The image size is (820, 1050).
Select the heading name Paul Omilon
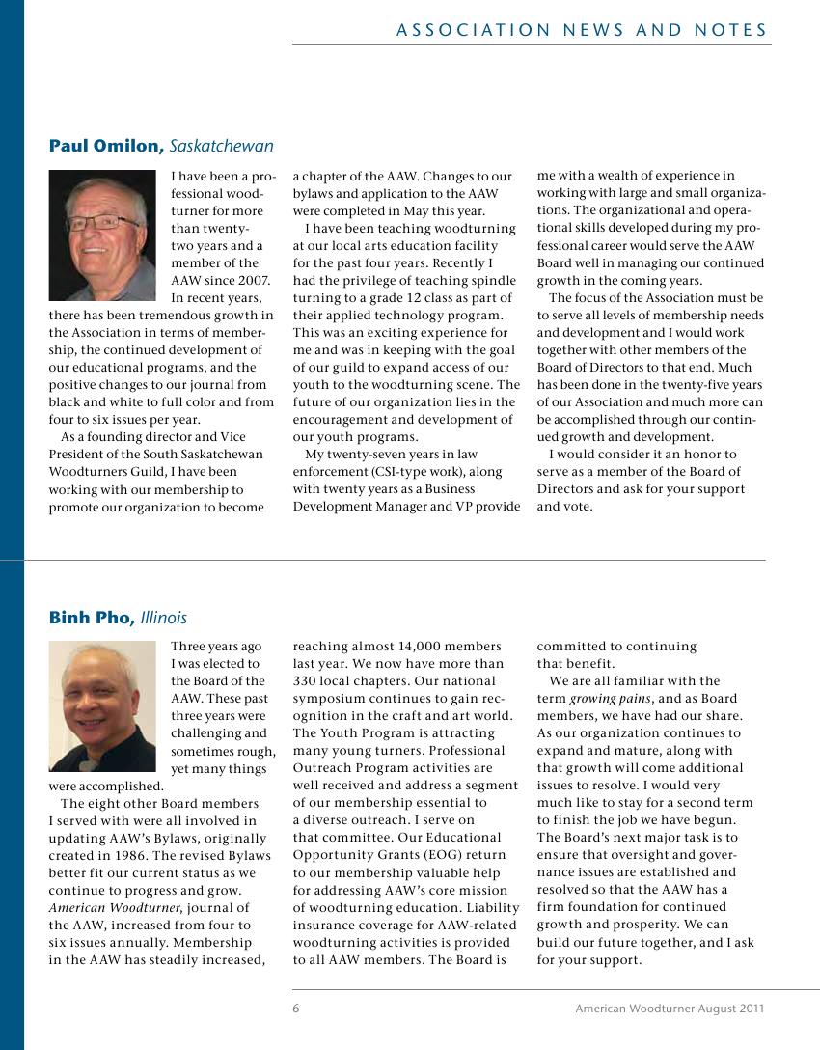[x=106, y=147]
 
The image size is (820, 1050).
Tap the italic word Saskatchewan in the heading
[x=221, y=147]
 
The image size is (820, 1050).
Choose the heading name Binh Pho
[x=93, y=618]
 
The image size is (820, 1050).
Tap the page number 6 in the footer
[x=296, y=1009]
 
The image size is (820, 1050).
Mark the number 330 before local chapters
[x=306, y=681]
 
